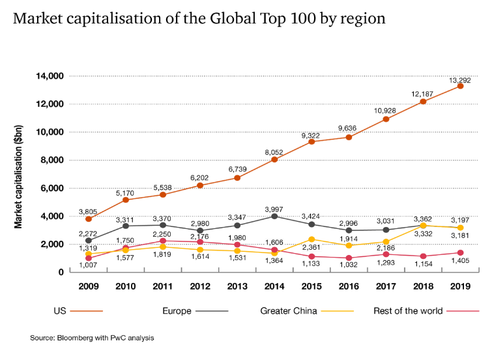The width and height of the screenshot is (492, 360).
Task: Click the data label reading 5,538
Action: point(162,188)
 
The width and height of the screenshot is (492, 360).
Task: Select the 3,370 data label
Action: point(162,219)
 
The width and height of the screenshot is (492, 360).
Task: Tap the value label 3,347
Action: point(237,217)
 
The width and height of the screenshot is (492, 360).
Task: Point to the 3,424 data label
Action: point(311,217)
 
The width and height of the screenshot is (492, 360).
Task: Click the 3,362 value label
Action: point(422,218)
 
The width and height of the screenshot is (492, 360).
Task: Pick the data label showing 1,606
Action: point(274,243)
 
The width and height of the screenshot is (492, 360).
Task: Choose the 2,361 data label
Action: point(311,248)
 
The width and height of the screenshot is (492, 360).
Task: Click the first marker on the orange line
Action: point(89,219)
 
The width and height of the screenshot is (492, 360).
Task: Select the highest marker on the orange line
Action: point(460,86)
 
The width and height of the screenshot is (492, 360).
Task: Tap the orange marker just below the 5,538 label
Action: point(163,194)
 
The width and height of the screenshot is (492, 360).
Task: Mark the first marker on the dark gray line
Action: point(89,241)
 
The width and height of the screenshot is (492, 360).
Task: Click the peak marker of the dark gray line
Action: point(274,216)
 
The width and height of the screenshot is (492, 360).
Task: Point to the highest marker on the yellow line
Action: point(424,225)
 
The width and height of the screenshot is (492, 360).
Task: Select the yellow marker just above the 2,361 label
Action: point(311,239)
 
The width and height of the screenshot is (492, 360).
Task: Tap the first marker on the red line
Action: point(89,258)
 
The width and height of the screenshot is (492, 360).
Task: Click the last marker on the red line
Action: point(460,252)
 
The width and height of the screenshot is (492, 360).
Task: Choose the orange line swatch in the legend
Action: point(87,312)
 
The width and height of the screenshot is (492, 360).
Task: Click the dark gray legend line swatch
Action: point(212,312)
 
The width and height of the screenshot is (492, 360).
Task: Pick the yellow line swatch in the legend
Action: point(338,312)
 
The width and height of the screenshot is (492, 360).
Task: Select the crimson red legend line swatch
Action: point(463,312)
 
